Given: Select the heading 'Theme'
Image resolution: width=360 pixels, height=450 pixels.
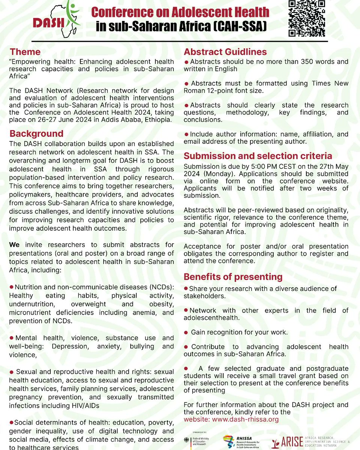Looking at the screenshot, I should [x=25, y=52].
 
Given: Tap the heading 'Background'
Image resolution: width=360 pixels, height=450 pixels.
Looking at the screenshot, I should [x=36, y=134].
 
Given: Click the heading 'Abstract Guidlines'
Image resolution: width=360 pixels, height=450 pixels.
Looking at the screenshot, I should [x=225, y=52].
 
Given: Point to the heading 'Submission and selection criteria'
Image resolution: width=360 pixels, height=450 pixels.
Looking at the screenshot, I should [x=258, y=156].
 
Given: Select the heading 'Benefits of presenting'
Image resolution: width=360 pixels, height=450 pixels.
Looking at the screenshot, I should [x=233, y=277].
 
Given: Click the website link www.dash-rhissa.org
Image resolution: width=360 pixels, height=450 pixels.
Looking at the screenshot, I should [x=246, y=419].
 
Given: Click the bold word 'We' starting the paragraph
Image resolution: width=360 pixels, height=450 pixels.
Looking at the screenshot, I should [x=14, y=245].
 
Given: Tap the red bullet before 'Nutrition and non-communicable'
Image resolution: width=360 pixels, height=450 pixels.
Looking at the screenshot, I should [x=12, y=287].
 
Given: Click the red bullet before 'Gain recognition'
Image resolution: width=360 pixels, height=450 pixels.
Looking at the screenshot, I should [x=186, y=332].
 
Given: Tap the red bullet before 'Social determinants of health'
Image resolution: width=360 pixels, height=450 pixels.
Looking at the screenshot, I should [x=12, y=423].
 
